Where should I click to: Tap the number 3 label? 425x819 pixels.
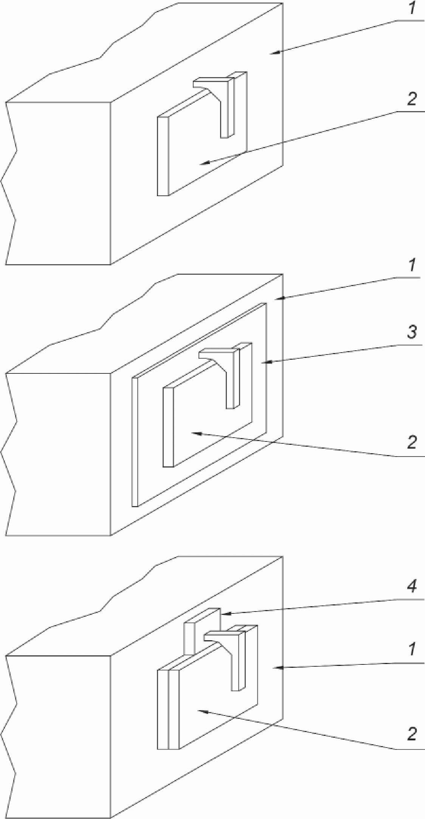click(x=412, y=333)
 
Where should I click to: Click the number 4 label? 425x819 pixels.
click(x=412, y=587)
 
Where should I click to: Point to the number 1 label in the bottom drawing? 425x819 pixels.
click(x=412, y=650)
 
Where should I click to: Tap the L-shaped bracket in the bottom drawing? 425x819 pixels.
click(x=236, y=658)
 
